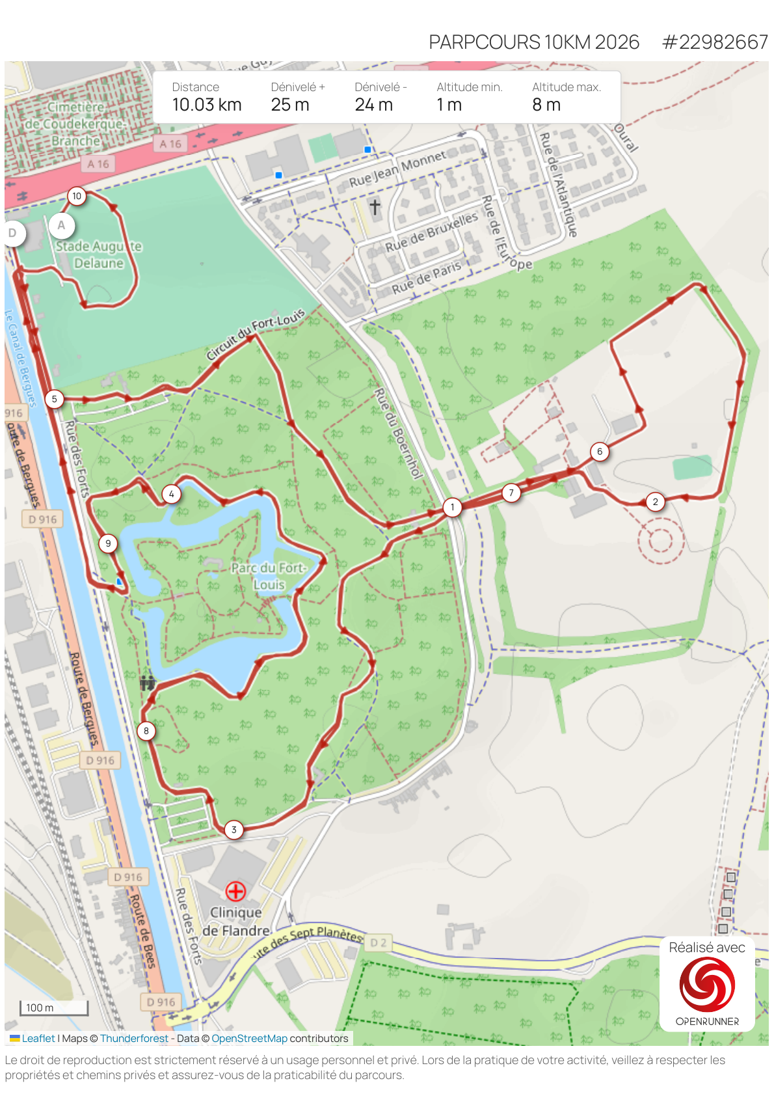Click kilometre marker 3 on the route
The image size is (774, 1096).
(234, 830)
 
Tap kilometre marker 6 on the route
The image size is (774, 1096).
(600, 451)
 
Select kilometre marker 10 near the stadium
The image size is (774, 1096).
(77, 196)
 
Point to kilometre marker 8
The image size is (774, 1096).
(146, 731)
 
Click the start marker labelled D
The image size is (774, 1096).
(13, 233)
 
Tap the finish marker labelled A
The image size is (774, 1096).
(61, 226)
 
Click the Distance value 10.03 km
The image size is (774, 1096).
(207, 105)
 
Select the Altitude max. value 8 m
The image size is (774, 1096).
(546, 105)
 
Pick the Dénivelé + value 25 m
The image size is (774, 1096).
(290, 105)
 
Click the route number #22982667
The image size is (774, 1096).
(715, 42)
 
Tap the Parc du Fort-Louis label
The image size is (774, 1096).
(268, 576)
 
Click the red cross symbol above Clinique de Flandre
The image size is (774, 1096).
(235, 890)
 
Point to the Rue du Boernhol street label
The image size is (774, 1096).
(398, 433)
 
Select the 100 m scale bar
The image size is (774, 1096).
(54, 1008)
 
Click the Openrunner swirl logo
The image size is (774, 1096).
(707, 985)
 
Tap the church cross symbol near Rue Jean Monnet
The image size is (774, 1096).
(375, 207)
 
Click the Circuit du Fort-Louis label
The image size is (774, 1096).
(255, 335)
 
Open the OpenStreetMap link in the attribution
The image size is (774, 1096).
(249, 1039)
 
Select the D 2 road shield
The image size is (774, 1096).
(378, 942)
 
